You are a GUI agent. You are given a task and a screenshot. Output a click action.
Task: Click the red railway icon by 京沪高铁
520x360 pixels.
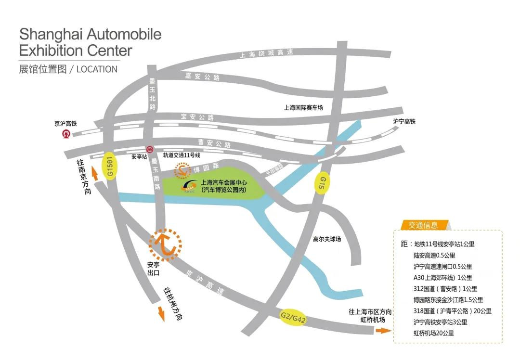pos(65,134)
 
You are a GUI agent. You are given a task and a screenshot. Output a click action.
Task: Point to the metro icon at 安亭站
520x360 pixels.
pos(150,150)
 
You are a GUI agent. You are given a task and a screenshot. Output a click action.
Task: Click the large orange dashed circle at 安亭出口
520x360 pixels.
pos(165,245)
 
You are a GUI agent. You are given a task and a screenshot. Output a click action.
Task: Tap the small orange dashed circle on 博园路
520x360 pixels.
pos(182,170)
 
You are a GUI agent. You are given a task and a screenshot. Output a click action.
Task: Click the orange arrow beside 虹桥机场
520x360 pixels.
pos(383,331)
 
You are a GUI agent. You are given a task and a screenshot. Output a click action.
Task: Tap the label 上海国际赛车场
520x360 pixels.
pos(303,108)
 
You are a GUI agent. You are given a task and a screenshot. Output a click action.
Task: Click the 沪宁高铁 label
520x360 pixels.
pos(404,122)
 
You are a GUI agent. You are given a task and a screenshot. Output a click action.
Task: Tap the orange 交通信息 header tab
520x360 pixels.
pos(423,225)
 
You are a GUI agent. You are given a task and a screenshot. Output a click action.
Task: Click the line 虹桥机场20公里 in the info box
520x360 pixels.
pos(433,333)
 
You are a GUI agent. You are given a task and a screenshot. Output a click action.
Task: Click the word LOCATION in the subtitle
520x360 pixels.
pos(97,69)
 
